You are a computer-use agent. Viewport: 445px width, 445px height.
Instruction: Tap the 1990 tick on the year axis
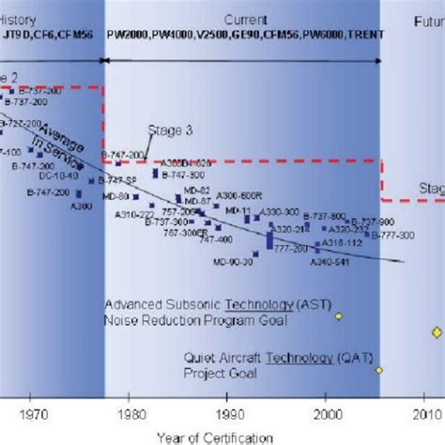[230, 413]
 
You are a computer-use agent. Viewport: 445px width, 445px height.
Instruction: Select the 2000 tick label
[329, 413]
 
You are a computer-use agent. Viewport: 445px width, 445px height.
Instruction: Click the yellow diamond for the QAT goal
[380, 370]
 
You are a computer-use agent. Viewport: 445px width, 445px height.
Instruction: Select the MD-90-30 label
[233, 263]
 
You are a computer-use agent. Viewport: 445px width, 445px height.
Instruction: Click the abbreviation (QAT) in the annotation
[315, 359]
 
